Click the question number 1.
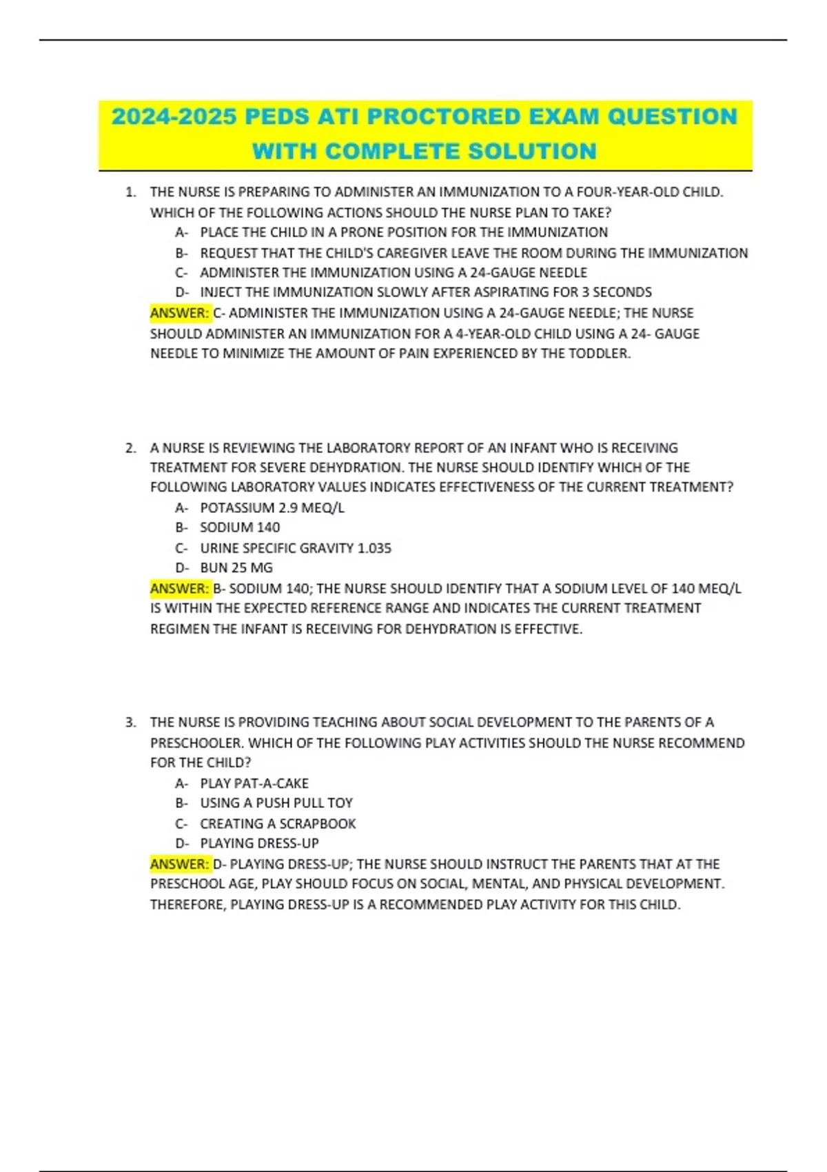pyautogui.click(x=130, y=192)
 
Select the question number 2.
pyautogui.click(x=130, y=448)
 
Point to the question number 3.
pyautogui.click(x=130, y=723)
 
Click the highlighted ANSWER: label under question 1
pyautogui.click(x=180, y=313)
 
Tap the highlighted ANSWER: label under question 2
pyautogui.click(x=180, y=588)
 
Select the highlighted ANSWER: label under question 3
pyautogui.click(x=180, y=864)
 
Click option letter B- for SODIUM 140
pyautogui.click(x=181, y=527)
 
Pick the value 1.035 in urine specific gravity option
pyautogui.click(x=374, y=548)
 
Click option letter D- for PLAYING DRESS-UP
pyautogui.click(x=181, y=843)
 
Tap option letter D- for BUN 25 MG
pyautogui.click(x=181, y=568)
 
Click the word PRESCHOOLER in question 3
pyautogui.click(x=196, y=743)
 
